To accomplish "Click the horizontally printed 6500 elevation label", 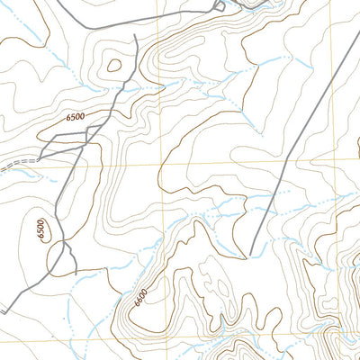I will [75, 116].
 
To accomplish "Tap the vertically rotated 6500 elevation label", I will [40, 230].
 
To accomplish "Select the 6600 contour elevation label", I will [143, 293].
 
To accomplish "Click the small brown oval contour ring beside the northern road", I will [113, 64].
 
